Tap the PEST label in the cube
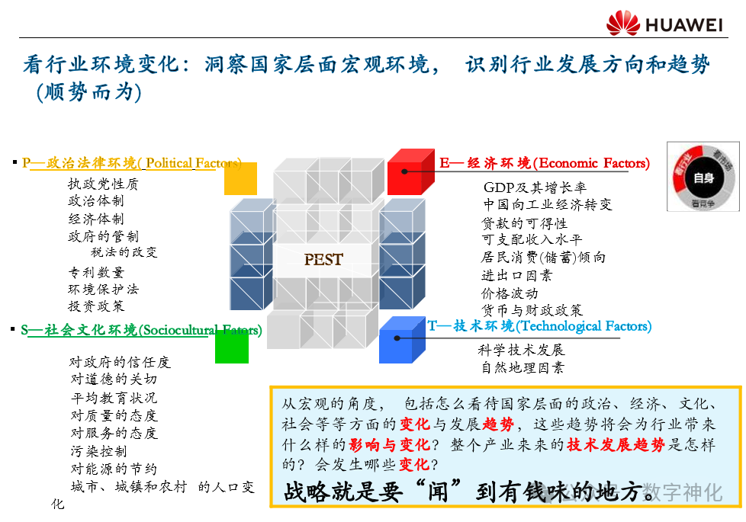click(x=323, y=259)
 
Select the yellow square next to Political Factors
click(x=240, y=178)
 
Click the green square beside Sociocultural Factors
click(x=231, y=347)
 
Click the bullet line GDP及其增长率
click(x=535, y=187)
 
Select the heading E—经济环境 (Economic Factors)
click(x=545, y=163)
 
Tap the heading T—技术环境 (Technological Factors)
click(x=539, y=326)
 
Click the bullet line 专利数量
click(x=96, y=272)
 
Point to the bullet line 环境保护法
click(x=104, y=290)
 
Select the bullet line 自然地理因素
click(x=523, y=368)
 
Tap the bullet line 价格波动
click(x=509, y=293)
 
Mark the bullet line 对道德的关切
click(x=114, y=379)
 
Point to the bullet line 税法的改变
click(x=124, y=252)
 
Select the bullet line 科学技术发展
click(x=521, y=350)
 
